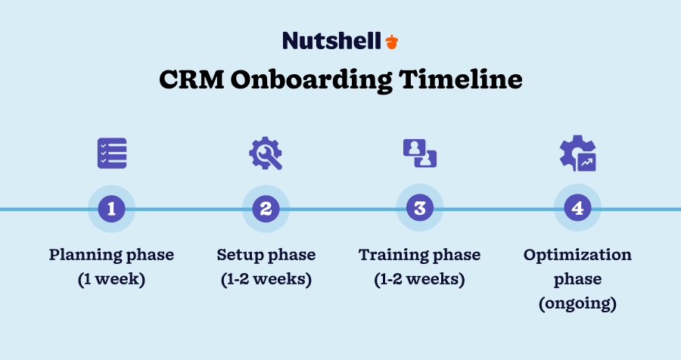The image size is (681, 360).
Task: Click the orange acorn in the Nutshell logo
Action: point(391,41)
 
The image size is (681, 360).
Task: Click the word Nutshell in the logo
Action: point(331,41)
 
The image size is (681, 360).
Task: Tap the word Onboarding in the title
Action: point(323,79)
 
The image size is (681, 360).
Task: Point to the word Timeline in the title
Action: point(470,79)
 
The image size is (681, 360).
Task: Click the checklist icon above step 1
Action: point(112,154)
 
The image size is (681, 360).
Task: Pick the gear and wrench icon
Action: point(266,154)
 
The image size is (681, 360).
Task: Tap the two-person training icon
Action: point(420,154)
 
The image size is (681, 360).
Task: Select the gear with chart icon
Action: point(577,154)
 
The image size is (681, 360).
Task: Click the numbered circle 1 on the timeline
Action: point(112,209)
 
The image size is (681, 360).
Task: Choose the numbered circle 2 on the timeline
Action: point(266,209)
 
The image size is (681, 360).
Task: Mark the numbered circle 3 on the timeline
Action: point(420,209)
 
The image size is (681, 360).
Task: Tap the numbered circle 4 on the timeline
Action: point(577,209)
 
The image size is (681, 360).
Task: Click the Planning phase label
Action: point(112,255)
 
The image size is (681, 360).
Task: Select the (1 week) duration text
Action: point(112,279)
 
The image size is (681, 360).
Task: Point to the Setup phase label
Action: point(266,255)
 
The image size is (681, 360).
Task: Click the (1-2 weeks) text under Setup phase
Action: point(266,279)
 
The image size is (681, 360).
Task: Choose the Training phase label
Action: point(420,255)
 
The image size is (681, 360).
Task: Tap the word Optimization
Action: point(577,255)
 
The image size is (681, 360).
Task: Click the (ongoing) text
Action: point(577,304)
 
